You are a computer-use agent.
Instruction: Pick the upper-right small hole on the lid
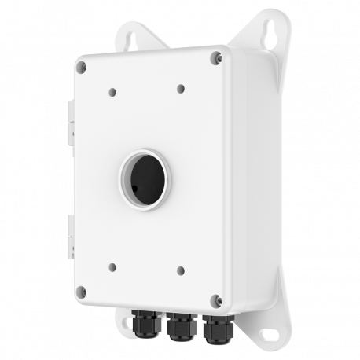pos(181,88)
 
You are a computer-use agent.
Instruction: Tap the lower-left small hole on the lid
pos(112,266)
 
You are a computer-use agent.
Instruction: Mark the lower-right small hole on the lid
pos(182,270)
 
